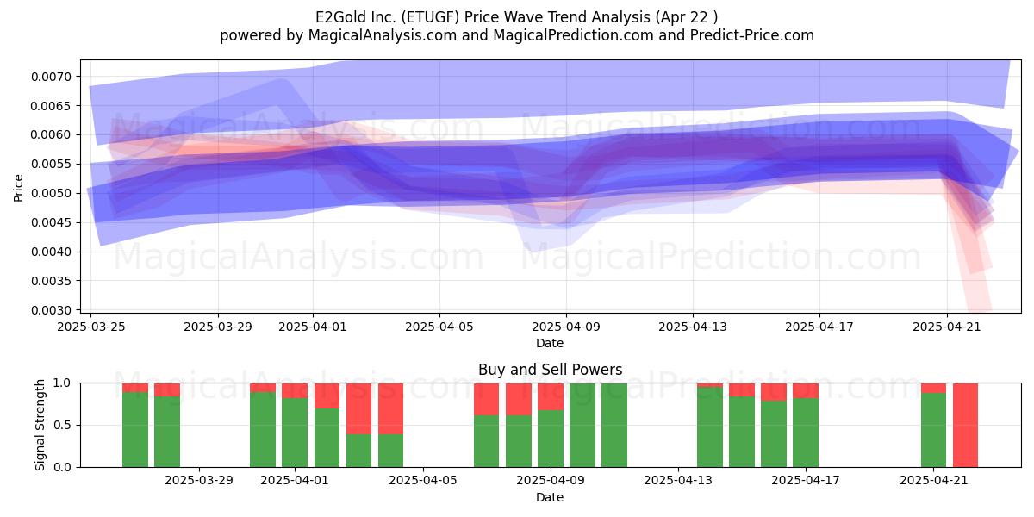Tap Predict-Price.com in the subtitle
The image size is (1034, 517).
(752, 35)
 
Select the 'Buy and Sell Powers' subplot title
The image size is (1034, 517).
(550, 370)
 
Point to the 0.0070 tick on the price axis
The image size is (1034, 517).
(52, 77)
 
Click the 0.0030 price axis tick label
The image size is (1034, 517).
(52, 310)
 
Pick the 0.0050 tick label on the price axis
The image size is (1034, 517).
(52, 193)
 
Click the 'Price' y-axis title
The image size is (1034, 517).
(18, 189)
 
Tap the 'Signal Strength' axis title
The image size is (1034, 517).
(40, 425)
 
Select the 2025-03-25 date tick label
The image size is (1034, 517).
(91, 327)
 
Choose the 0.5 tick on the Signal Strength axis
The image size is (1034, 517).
(63, 425)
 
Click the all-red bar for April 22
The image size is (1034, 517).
(965, 425)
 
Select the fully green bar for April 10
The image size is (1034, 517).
(582, 425)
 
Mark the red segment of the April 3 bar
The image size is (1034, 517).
(358, 408)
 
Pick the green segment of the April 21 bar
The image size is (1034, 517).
(933, 430)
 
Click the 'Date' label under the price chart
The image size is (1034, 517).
(550, 344)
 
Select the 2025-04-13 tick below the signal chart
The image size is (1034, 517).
(678, 481)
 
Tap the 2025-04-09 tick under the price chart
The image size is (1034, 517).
(566, 327)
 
